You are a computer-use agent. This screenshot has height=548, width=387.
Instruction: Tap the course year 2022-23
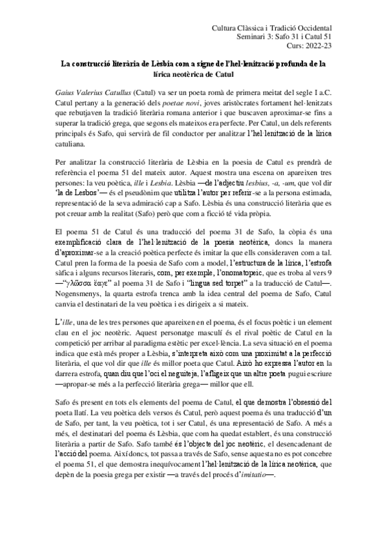pyautogui.click(x=319, y=48)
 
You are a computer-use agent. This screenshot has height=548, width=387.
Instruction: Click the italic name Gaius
pyautogui.click(x=66, y=93)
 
